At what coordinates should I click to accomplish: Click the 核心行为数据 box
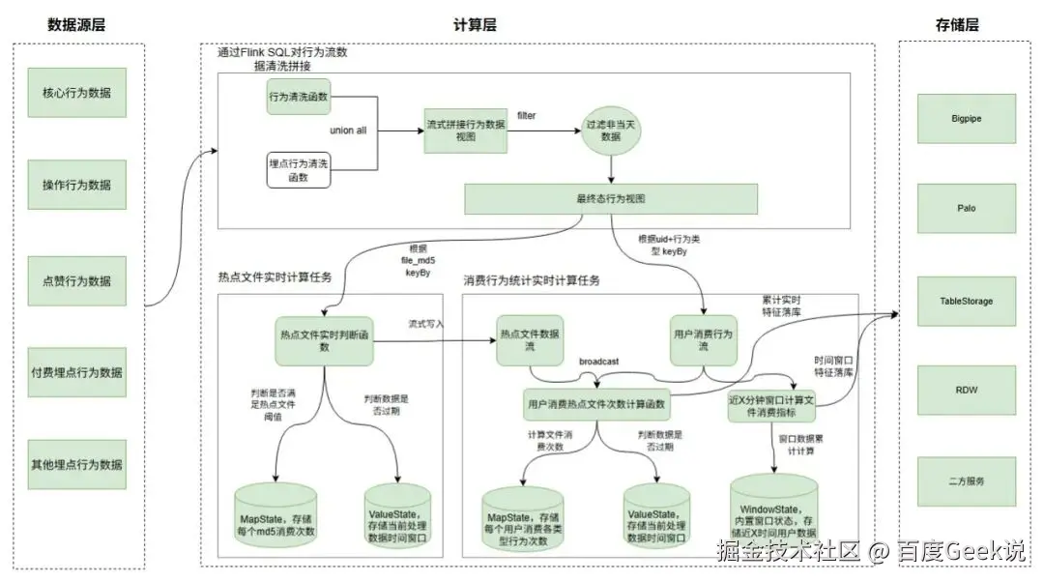point(76,93)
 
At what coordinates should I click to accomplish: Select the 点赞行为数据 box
point(76,281)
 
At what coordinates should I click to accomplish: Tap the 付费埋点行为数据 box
point(76,372)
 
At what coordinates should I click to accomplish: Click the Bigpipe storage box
point(967,119)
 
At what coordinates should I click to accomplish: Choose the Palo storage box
point(967,208)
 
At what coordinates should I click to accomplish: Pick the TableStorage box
point(967,301)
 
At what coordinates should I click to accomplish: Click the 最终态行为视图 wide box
point(611,199)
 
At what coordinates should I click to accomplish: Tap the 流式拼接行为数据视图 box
point(466,131)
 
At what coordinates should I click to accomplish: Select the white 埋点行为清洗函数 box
point(299,170)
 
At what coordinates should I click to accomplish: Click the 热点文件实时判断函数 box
point(323,341)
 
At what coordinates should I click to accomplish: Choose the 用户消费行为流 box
point(704,340)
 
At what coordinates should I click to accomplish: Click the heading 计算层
point(475,26)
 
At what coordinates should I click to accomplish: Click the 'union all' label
point(348,130)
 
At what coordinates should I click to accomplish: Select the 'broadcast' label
point(599,361)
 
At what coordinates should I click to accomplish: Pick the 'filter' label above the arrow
point(527,116)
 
